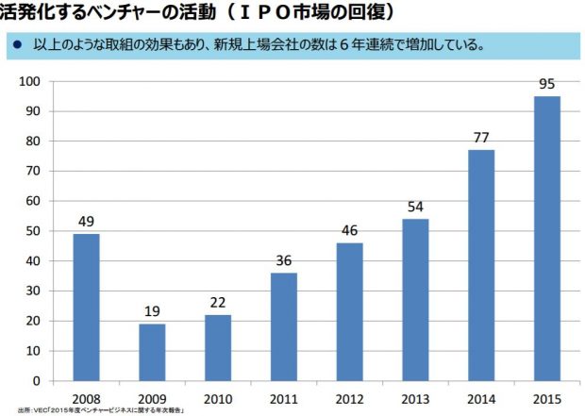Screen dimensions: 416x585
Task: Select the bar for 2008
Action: pos(87,307)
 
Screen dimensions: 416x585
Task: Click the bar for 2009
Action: pos(152,352)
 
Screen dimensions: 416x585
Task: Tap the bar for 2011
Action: pos(283,326)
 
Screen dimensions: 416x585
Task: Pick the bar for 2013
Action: pos(415,299)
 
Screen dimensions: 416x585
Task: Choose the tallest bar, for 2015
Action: pos(546,238)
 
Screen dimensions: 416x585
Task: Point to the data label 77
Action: pos(481,139)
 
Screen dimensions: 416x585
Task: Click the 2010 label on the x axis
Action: pos(218,398)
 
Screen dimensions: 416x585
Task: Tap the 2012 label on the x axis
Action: pos(349,398)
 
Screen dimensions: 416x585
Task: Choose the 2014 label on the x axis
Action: pos(481,398)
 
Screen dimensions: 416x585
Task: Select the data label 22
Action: pos(218,304)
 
